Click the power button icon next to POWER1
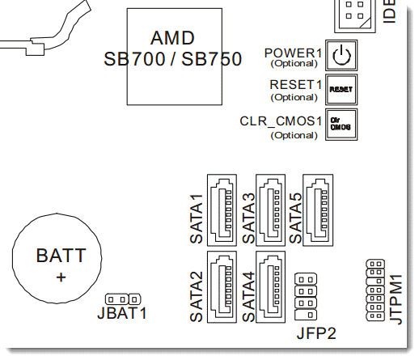(341, 55)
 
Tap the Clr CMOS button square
(341, 125)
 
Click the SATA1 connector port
(222, 210)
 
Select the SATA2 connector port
(222, 287)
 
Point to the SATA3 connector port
(270, 210)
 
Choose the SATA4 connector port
(270, 287)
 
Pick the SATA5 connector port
(318, 210)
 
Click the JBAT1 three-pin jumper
(123, 299)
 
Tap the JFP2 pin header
(306, 297)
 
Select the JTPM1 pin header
(375, 290)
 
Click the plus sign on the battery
(61, 277)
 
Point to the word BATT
(61, 256)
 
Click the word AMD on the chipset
(172, 38)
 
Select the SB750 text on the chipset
(212, 59)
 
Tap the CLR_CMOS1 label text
(281, 121)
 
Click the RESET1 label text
(296, 85)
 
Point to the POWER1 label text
(293, 53)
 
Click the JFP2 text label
(316, 333)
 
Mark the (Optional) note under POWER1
(294, 64)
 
